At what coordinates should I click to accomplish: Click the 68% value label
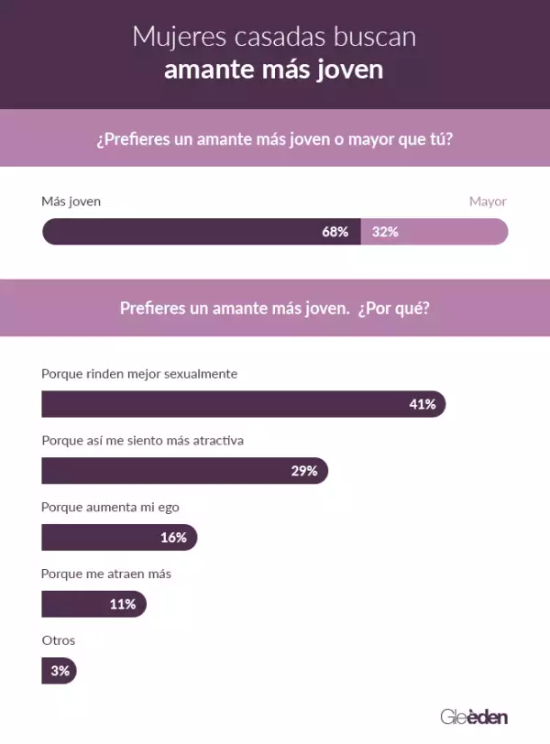pos(335,232)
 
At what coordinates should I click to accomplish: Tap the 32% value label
pos(385,232)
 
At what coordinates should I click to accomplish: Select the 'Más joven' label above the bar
pos(71,202)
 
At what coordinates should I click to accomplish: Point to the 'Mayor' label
pos(488,202)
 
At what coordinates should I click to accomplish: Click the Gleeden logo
pos(473,716)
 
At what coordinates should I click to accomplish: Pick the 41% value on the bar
pos(422,404)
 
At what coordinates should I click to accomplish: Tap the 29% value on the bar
pos(303,471)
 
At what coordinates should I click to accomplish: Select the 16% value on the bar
pos(173,538)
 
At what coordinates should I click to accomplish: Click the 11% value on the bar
pos(122,604)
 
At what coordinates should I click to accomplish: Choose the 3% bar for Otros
pos(59,671)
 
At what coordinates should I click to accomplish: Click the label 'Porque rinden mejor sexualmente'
pos(139,374)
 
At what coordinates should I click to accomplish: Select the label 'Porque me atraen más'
pos(106,574)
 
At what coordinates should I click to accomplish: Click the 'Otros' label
pos(58,640)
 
